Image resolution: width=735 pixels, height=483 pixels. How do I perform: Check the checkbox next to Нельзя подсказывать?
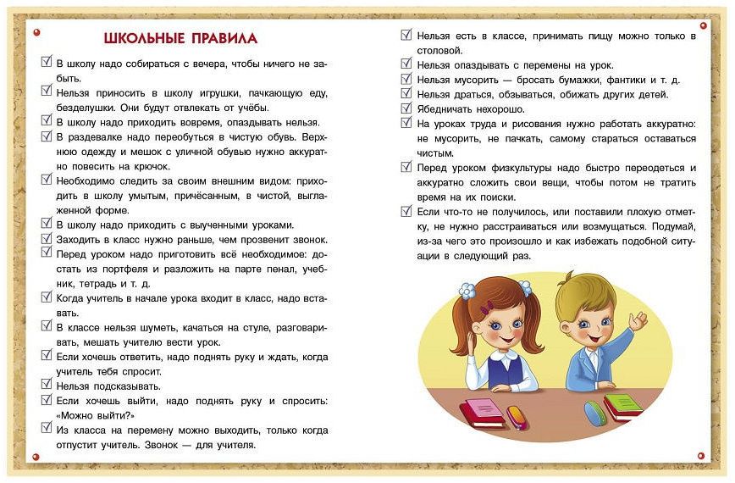[x=47, y=385]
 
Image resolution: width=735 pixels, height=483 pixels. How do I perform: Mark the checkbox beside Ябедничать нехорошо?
[x=406, y=108]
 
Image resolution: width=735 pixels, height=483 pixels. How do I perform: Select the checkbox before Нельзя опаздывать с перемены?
[x=406, y=65]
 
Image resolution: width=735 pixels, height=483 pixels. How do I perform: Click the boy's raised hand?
[x=637, y=321]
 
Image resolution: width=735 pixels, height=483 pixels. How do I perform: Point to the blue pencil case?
[x=595, y=413]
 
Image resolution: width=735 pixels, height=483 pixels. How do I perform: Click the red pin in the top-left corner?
[x=36, y=32]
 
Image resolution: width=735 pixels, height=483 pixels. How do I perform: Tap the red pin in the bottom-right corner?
[x=702, y=455]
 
